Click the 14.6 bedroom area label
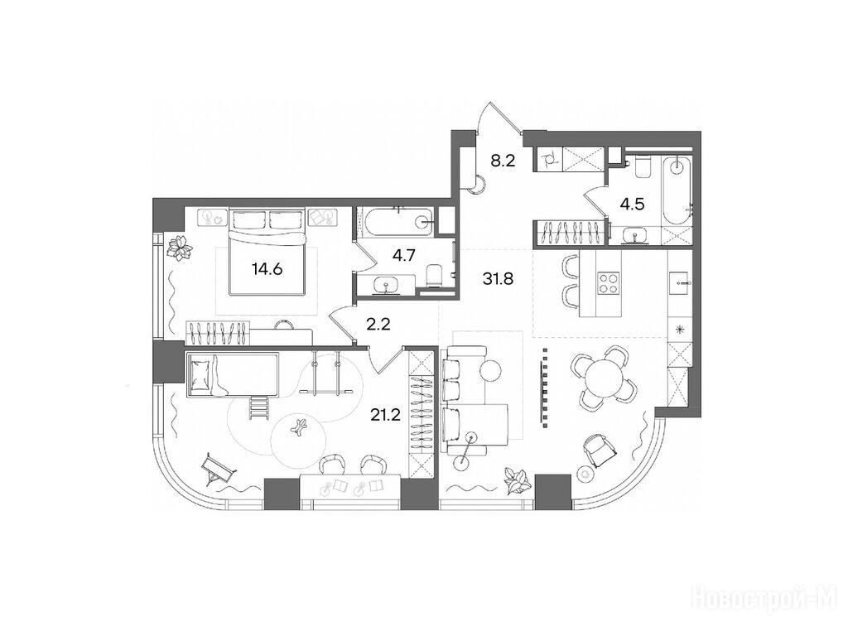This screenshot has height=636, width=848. point(267,268)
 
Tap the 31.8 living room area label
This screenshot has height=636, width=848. point(498,279)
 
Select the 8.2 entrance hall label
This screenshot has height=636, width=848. point(503,161)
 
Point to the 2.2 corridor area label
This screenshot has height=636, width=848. point(378,325)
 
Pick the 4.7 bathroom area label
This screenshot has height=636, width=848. point(403,255)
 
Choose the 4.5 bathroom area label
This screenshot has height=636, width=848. point(632,205)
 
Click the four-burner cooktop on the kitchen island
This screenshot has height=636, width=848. point(608,283)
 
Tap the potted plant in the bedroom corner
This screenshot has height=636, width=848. point(180,248)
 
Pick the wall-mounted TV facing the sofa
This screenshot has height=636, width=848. point(542,386)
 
